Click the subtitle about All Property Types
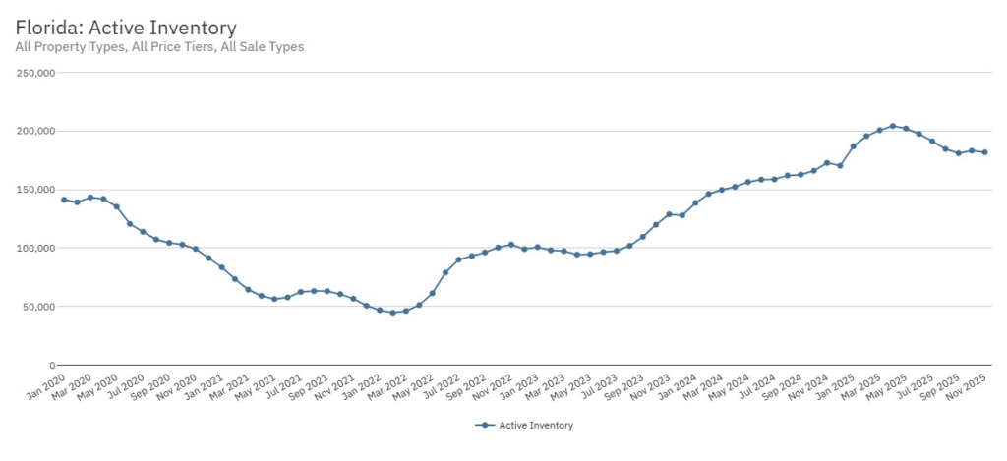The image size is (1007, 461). click(159, 46)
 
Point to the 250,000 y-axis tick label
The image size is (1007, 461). click(37, 73)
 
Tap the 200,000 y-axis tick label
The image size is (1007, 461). click(37, 131)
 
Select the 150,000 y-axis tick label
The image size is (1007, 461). click(37, 190)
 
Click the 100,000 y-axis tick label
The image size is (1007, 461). click(37, 248)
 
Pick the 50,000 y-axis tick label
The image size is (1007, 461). click(40, 307)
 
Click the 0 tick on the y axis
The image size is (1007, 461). click(52, 365)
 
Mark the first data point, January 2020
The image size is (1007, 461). click(64, 200)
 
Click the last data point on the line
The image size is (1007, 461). click(984, 152)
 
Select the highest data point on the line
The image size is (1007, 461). click(893, 126)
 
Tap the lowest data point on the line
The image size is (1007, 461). click(392, 313)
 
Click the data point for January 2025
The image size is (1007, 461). click(854, 146)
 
